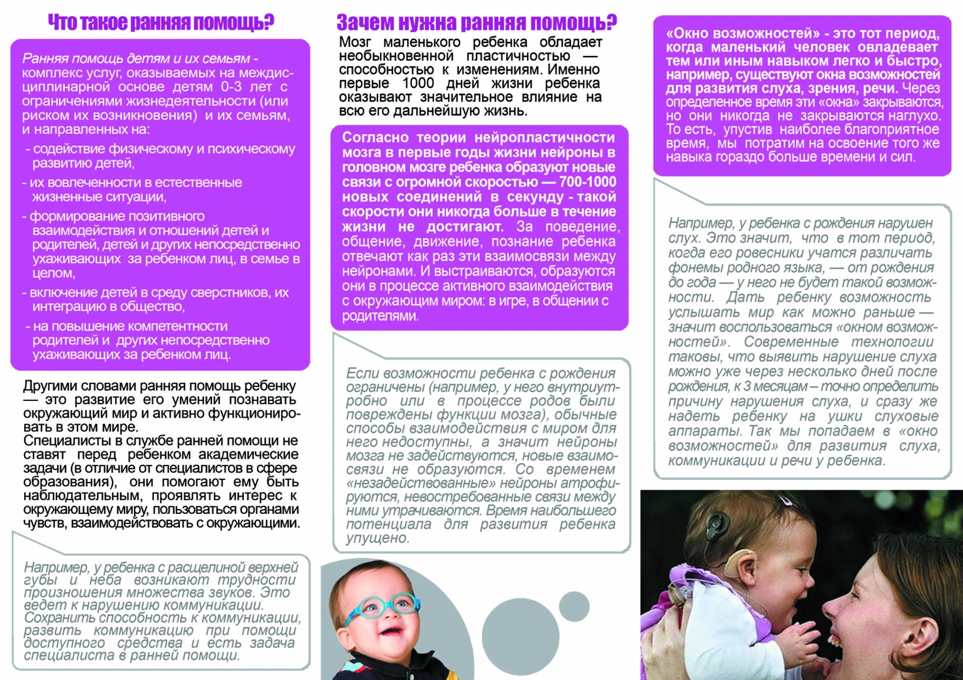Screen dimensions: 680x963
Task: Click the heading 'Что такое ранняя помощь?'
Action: point(161,23)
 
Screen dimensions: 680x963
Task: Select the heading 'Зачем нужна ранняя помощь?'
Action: point(477,23)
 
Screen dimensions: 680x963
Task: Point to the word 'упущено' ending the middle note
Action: point(377,538)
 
